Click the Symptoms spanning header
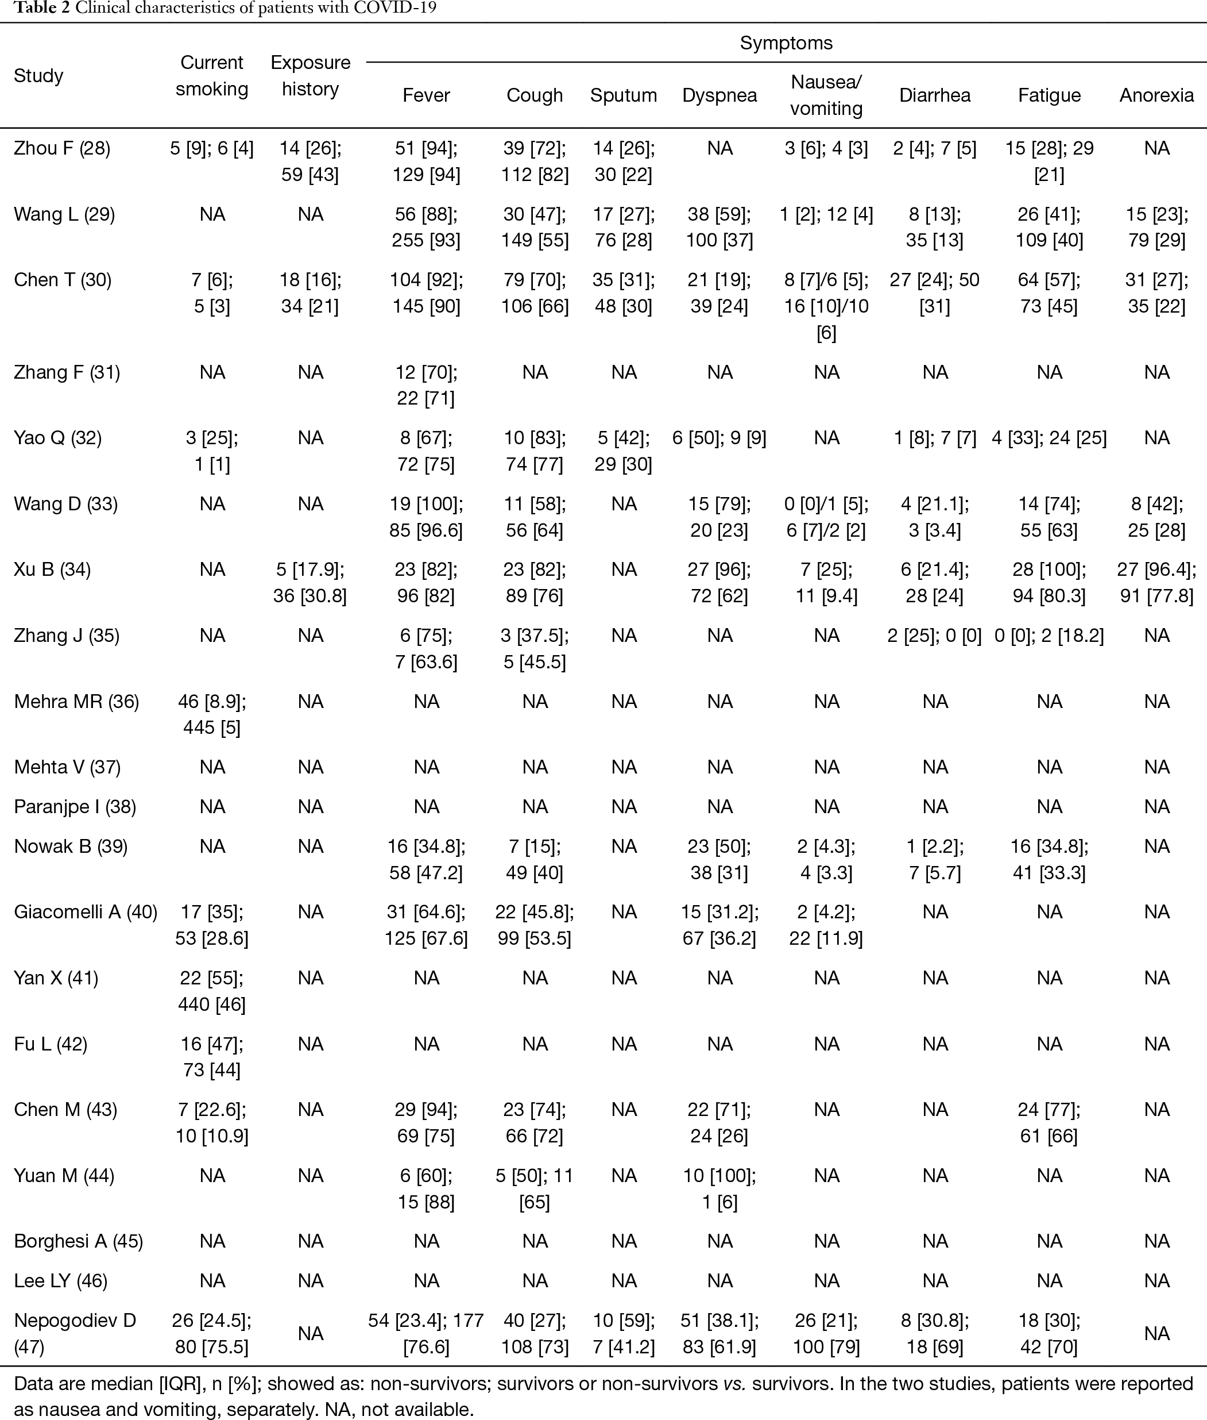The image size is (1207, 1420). (x=786, y=43)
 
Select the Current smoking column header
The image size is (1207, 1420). (x=211, y=75)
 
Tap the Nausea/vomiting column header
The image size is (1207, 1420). (x=826, y=95)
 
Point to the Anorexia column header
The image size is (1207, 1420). (x=1156, y=95)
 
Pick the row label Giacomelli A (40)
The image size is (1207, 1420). (x=86, y=912)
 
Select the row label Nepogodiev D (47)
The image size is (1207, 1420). (x=75, y=1334)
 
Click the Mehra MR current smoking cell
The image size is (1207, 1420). (x=211, y=714)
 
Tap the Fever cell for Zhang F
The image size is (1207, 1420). (x=425, y=385)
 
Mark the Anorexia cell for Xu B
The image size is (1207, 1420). (x=1156, y=583)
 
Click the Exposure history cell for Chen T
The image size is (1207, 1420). (x=310, y=293)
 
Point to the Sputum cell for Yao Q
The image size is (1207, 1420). (x=624, y=451)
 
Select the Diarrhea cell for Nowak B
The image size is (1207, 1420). (x=935, y=859)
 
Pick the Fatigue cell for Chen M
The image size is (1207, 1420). (x=1049, y=1123)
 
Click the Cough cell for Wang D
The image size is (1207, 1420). (x=535, y=517)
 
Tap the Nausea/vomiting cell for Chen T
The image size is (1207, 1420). (x=826, y=306)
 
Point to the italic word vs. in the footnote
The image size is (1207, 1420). (x=735, y=1384)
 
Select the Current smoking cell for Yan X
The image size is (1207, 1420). (x=211, y=991)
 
